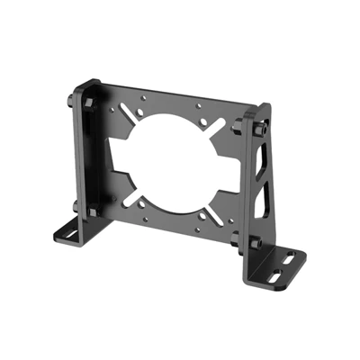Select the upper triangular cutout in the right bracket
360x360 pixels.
click(x=261, y=162)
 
